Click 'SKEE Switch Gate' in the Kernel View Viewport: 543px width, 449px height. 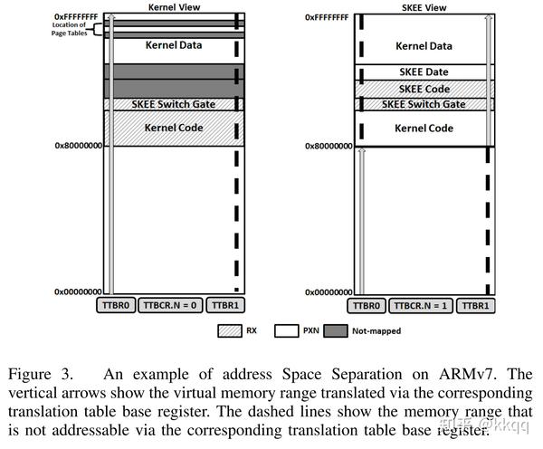click(173, 104)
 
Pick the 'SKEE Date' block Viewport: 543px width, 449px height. click(424, 72)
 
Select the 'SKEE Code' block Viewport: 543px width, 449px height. click(424, 89)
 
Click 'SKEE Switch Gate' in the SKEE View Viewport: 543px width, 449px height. click(424, 104)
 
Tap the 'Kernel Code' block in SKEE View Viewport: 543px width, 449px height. click(424, 128)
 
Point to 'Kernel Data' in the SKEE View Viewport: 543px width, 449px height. click(424, 45)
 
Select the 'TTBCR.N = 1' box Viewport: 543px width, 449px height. click(420, 306)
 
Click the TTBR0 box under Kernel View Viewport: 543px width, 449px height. click(115, 306)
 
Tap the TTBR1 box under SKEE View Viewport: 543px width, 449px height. click(476, 306)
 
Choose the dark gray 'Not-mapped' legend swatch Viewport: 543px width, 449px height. click(337, 331)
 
